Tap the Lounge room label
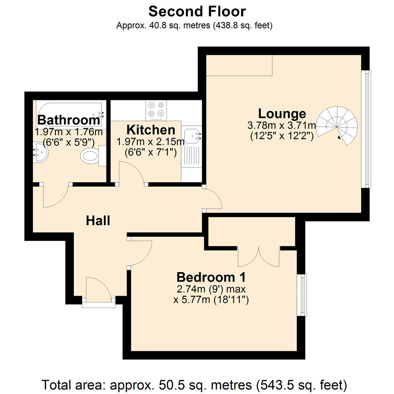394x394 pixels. pyautogui.click(x=282, y=113)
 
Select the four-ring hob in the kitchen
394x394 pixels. pyautogui.click(x=157, y=110)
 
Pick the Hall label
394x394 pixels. pyautogui.click(x=98, y=220)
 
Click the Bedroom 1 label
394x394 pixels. pyautogui.click(x=210, y=277)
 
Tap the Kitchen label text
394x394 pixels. pyautogui.click(x=151, y=130)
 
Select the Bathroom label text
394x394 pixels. pyautogui.click(x=69, y=120)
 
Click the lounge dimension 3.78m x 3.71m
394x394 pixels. pyautogui.click(x=281, y=126)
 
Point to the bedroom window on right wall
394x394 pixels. pyautogui.click(x=302, y=295)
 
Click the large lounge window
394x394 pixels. pyautogui.click(x=366, y=129)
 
